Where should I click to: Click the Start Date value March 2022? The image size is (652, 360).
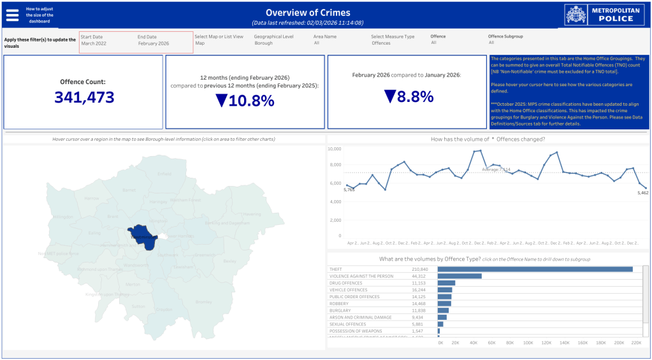94,43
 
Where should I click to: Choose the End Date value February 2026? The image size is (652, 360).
154,43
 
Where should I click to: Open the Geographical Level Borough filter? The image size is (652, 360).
263,43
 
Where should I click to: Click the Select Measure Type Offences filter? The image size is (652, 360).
381,43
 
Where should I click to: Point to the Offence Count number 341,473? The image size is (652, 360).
84,97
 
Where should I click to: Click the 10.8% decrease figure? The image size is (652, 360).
245,101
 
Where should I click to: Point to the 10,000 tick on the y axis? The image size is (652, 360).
335,148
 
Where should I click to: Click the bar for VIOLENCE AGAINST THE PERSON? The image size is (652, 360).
460,276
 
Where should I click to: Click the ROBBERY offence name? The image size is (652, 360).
340,303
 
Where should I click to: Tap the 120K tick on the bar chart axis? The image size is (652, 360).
547,343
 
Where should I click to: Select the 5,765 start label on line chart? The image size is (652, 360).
349,190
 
